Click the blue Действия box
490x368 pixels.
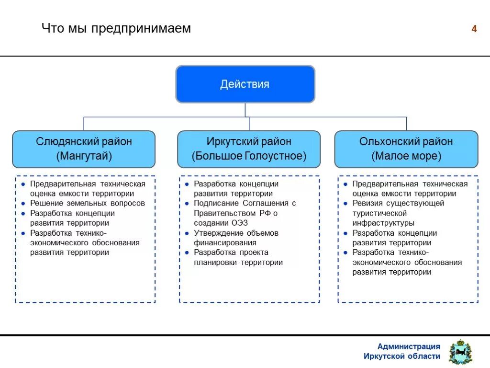pyautogui.click(x=245, y=84)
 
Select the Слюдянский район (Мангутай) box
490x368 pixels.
pyautogui.click(x=84, y=149)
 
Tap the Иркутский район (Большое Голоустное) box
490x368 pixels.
pyautogui.click(x=249, y=149)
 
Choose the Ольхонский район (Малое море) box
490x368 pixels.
pyautogui.click(x=406, y=149)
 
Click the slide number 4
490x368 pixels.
pyautogui.click(x=474, y=29)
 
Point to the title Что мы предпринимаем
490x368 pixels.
pyautogui.click(x=116, y=28)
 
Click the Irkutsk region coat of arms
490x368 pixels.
pyautogui.click(x=460, y=352)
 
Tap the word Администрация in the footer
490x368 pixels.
pyautogui.click(x=409, y=346)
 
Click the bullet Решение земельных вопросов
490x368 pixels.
pyautogui.click(x=87, y=203)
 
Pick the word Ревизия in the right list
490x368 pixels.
pyautogui.click(x=368, y=203)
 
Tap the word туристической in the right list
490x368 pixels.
pyautogui.click(x=379, y=213)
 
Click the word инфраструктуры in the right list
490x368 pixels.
pyautogui.click(x=383, y=223)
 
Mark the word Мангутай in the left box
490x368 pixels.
pyautogui.click(x=84, y=156)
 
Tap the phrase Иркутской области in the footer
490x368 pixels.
pyautogui.click(x=402, y=356)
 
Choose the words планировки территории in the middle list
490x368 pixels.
pyautogui.click(x=238, y=262)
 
